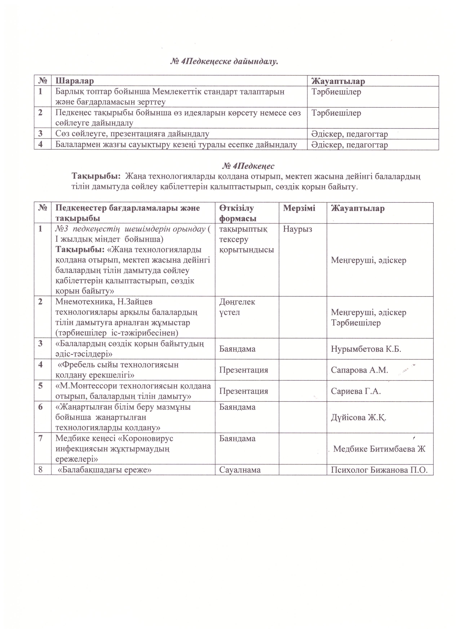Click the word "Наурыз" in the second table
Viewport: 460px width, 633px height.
coord(297,229)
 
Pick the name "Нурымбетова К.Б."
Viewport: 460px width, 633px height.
coord(366,349)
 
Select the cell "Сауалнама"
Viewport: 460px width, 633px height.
coord(240,470)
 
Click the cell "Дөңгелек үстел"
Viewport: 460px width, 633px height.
coord(237,307)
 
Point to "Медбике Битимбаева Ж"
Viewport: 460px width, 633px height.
coord(379,449)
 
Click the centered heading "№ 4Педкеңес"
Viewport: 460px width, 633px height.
coord(248,166)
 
